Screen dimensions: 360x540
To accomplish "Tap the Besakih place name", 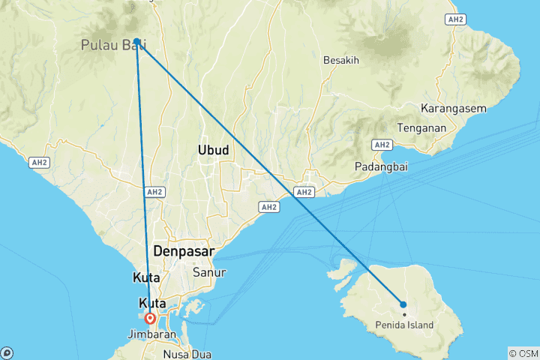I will coord(343,60).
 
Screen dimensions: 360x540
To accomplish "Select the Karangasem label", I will coord(454,109).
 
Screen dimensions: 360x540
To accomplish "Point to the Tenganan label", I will coord(421,127).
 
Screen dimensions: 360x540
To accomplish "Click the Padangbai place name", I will coord(380,167).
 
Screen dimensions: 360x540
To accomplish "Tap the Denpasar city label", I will coord(183,251).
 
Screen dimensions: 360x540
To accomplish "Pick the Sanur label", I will coord(209,272).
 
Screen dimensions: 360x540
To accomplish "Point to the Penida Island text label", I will coord(406,326).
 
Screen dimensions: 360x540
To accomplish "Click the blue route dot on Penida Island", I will coord(403,304).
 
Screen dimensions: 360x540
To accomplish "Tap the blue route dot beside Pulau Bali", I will coord(137,42).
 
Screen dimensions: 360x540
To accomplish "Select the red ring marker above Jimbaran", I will coord(151,318).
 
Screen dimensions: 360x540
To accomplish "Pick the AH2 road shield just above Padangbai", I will coord(382,144).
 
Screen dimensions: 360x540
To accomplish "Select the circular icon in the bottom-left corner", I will coord(7,352).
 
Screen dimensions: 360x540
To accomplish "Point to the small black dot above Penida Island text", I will coord(403,314).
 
